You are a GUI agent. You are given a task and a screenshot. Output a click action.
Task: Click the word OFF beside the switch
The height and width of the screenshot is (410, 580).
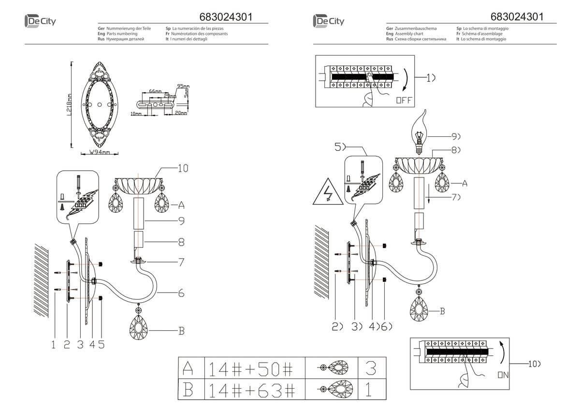[403, 101]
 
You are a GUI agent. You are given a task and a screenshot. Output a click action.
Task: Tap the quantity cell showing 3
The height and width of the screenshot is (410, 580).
[371, 370]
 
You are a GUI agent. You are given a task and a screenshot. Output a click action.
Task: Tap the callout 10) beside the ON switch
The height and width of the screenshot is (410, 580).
[533, 363]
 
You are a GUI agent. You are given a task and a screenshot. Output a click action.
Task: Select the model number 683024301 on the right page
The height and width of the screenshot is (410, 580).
[517, 17]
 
